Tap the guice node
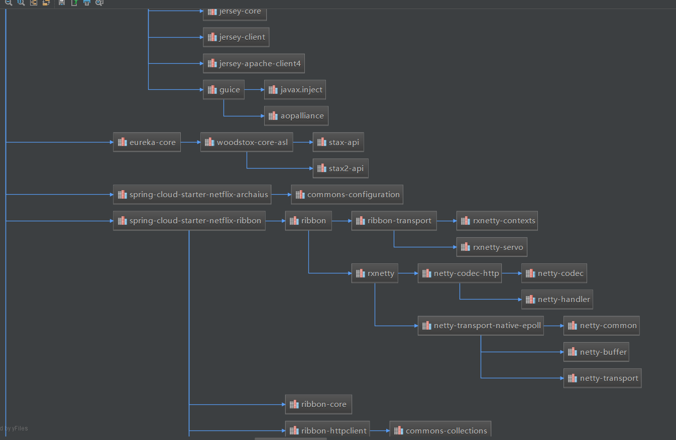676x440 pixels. (x=223, y=90)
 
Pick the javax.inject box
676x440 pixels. (x=295, y=90)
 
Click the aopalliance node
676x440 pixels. (x=296, y=116)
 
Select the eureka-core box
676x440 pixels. (x=147, y=142)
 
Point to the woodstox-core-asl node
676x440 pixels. (x=247, y=142)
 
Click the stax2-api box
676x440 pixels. (x=341, y=169)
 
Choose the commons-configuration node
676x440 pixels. (x=348, y=195)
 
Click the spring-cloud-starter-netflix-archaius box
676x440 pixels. (x=192, y=195)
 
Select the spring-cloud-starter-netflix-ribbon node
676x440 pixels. (x=189, y=221)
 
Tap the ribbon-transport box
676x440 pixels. (x=394, y=221)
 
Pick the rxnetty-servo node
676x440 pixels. (x=492, y=247)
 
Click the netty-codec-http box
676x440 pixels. (x=460, y=273)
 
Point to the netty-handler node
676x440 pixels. (x=557, y=300)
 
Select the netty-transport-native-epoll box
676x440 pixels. (x=481, y=326)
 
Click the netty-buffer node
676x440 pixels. (x=597, y=352)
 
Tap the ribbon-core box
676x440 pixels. (x=318, y=404)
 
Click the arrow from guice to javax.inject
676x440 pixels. (x=254, y=90)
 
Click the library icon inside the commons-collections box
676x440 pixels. (x=399, y=431)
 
